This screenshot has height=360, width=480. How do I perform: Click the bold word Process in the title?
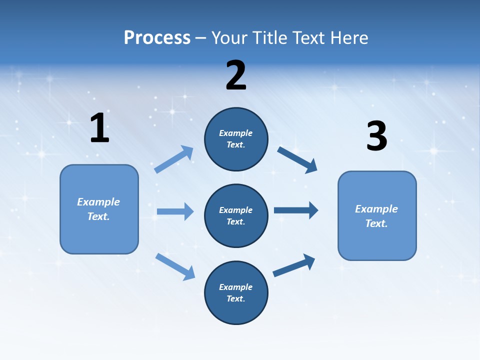[157, 38]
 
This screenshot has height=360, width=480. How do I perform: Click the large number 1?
[99, 128]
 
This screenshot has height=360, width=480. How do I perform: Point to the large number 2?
[236, 75]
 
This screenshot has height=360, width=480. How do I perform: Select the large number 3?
[376, 136]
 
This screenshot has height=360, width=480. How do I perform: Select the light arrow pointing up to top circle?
[174, 159]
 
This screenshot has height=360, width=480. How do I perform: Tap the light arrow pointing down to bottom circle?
[175, 266]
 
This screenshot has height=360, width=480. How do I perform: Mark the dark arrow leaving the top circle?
[297, 159]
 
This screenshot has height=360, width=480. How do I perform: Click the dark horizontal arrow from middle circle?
[295, 210]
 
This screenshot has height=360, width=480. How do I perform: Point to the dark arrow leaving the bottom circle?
[294, 265]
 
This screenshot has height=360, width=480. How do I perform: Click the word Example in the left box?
[98, 202]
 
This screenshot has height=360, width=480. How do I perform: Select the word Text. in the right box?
[376, 223]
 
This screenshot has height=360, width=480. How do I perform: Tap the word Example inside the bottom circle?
[235, 287]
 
